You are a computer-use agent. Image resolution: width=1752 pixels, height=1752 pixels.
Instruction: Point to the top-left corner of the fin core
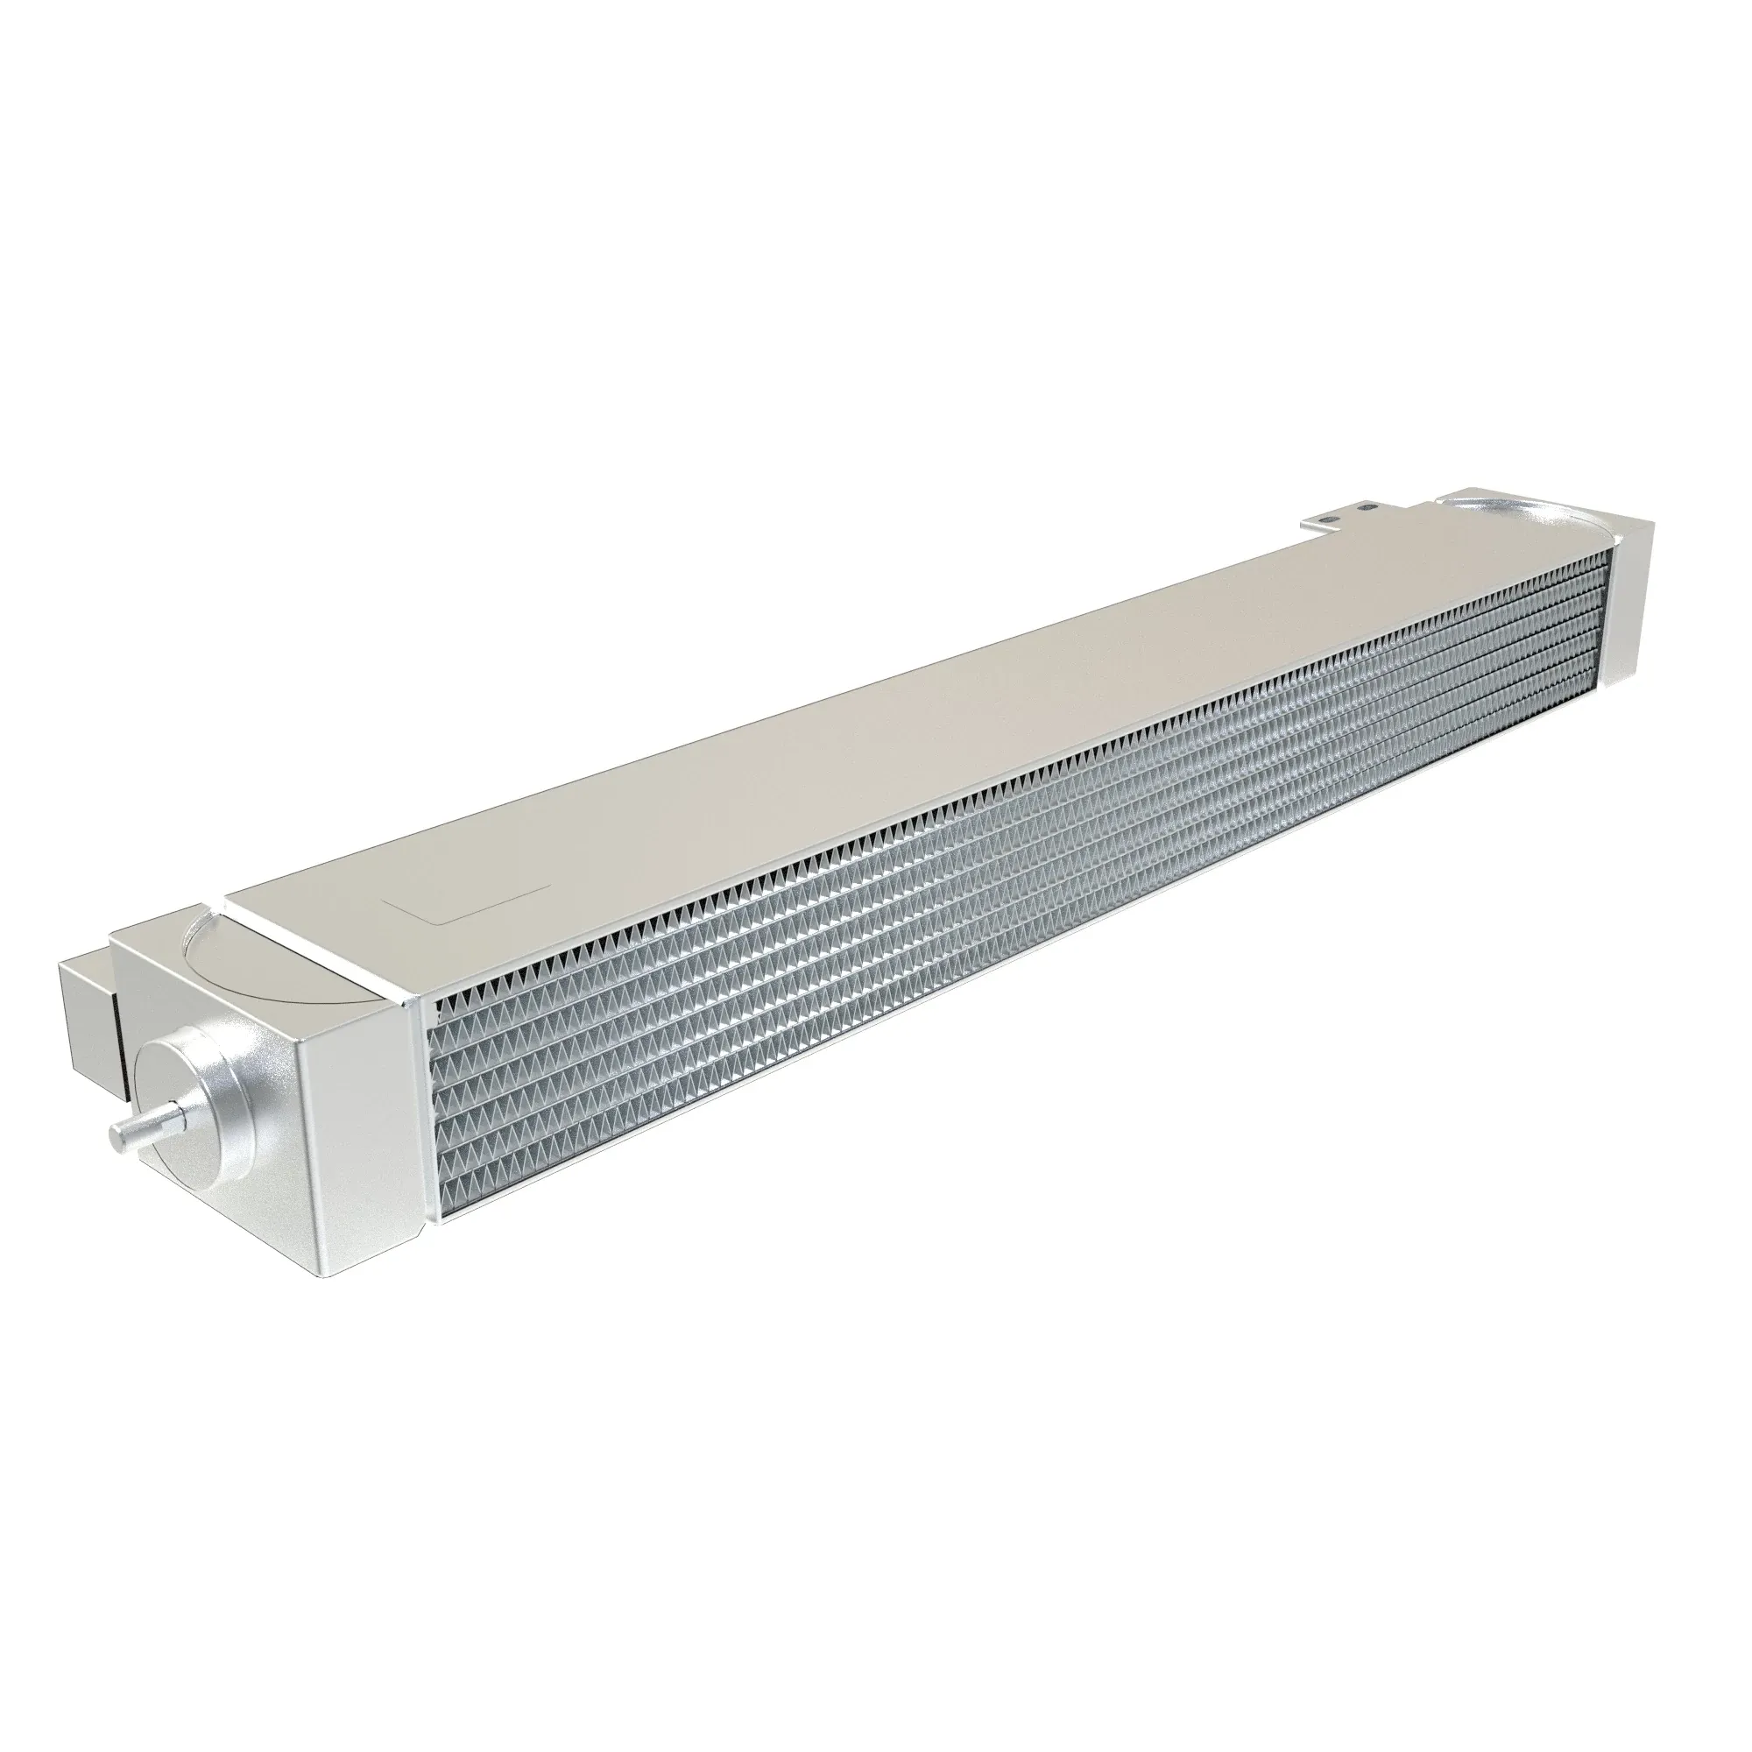[x=435, y=1007]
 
